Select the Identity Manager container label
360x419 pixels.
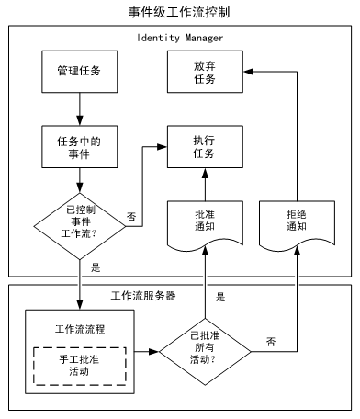pos(180,38)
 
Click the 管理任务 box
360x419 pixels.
pos(79,71)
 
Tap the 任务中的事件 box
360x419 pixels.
pos(79,146)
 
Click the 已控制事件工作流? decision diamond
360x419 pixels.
pos(79,221)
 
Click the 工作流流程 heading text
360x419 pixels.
pos(79,327)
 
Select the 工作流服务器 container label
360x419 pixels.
pos(143,296)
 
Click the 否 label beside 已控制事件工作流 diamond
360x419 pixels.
pos(131,217)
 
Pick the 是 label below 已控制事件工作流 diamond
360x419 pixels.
pos(96,268)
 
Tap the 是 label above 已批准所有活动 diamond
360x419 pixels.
pos(220,297)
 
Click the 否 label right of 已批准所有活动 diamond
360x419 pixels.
pos(271,341)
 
